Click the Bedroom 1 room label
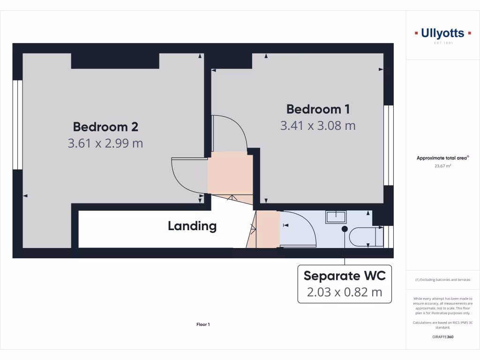(x=318, y=109)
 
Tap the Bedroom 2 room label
(x=105, y=127)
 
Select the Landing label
(x=192, y=226)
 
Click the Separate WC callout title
(x=345, y=276)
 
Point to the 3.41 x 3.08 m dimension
(x=318, y=126)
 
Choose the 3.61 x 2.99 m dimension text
(x=105, y=143)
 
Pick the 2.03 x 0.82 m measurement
(x=345, y=292)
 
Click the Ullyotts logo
(x=442, y=33)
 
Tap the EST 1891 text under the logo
(x=442, y=43)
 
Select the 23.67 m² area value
(x=442, y=165)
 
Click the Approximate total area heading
(x=442, y=158)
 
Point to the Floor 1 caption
(x=203, y=324)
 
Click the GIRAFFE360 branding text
(x=442, y=337)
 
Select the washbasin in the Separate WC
(x=336, y=217)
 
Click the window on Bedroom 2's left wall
(x=17, y=125)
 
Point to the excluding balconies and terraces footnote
(x=442, y=280)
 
